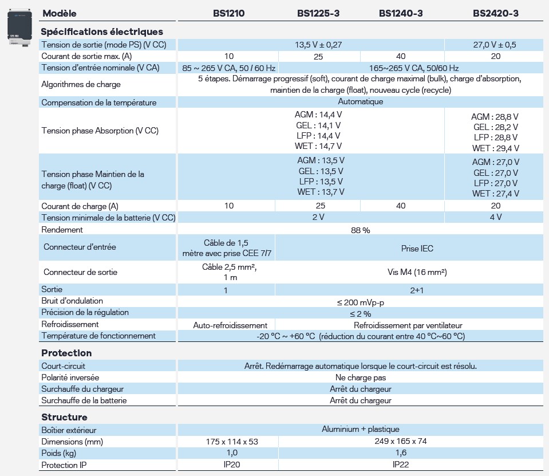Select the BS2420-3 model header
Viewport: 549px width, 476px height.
pos(496,13)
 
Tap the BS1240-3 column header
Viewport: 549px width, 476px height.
pos(401,13)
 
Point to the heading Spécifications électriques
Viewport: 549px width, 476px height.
pos(102,32)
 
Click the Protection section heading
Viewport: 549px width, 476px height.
pos(66,353)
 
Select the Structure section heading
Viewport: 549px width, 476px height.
pos(64,417)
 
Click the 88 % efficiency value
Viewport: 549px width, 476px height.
pos(361,230)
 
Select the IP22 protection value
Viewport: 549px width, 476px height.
pos(401,465)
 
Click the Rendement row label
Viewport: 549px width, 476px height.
pos(62,230)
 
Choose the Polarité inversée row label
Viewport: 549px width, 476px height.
pos(70,377)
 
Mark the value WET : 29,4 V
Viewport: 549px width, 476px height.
pos(495,148)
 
